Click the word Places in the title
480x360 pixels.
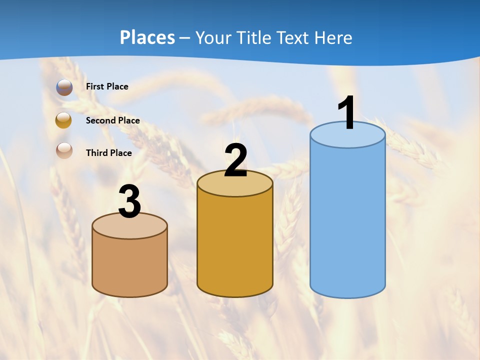[147, 37]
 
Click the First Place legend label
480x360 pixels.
[107, 86]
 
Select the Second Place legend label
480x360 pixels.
[112, 120]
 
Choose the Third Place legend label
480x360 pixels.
[108, 153]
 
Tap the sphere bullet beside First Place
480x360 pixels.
[64, 87]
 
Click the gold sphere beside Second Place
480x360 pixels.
[63, 120]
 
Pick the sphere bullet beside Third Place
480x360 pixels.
[64, 150]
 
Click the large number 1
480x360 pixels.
[347, 113]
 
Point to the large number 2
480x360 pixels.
[235, 160]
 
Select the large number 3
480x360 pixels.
[129, 202]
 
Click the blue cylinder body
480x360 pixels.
[347, 220]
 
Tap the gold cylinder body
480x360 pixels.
[235, 245]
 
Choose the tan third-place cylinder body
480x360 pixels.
[129, 265]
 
